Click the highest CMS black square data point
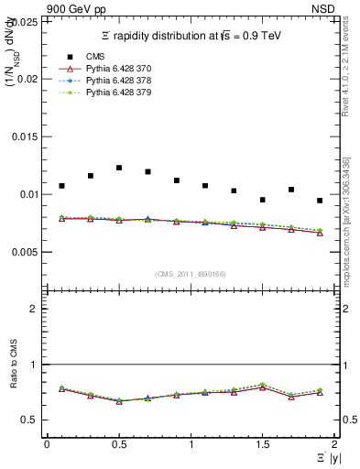119,168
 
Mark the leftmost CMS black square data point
61,186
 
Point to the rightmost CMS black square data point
320,201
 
